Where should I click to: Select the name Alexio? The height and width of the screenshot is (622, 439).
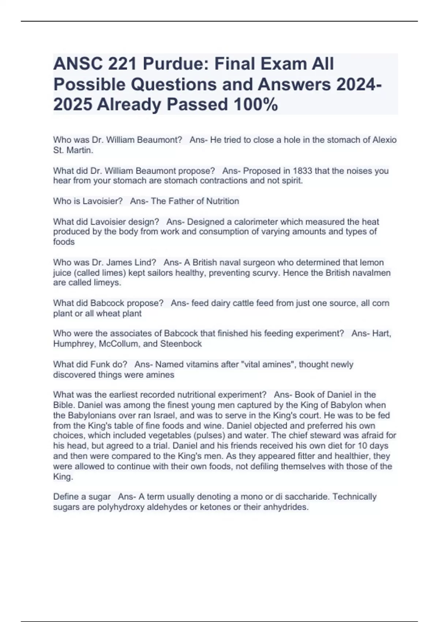(x=384, y=140)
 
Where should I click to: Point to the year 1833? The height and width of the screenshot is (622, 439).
(x=303, y=171)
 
